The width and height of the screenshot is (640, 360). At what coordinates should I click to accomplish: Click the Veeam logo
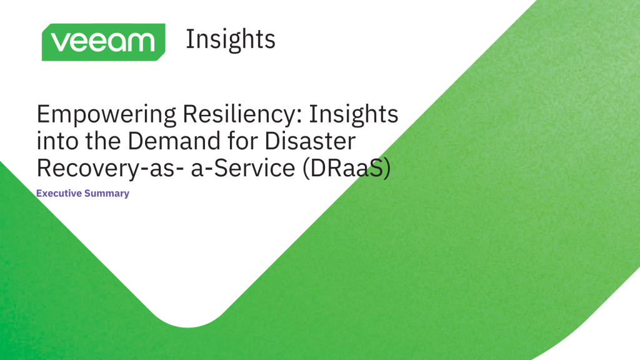pos(103,42)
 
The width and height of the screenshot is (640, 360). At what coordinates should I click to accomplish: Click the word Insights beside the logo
pos(230,39)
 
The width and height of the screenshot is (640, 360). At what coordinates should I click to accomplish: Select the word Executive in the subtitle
pos(59,193)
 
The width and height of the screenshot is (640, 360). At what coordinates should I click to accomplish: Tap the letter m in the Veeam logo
pos(141,42)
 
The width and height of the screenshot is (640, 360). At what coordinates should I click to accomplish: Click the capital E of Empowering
pos(43,116)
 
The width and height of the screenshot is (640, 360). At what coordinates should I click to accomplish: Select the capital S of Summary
pos(89,193)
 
